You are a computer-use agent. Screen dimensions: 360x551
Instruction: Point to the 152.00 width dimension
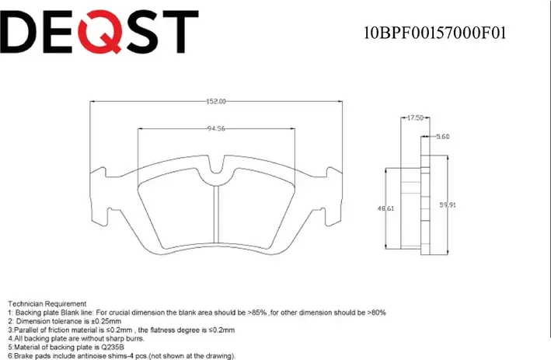point(216,101)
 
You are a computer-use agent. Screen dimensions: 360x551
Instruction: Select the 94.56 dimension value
point(216,129)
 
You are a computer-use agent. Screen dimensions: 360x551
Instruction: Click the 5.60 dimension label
point(443,137)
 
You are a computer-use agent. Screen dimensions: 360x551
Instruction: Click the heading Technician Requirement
point(47,303)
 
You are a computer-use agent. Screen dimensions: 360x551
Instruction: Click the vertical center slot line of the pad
point(216,222)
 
